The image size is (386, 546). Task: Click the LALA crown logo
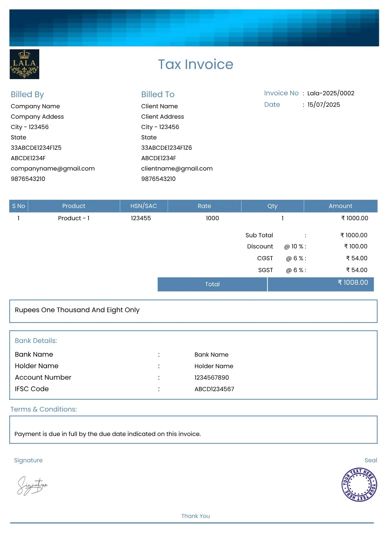pyautogui.click(x=24, y=64)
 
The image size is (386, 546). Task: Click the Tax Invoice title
pyautogui.click(x=195, y=64)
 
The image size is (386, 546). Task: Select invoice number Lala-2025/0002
pyautogui.click(x=331, y=93)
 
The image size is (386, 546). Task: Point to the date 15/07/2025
pyautogui.click(x=323, y=105)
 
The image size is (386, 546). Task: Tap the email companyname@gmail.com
pyautogui.click(x=53, y=169)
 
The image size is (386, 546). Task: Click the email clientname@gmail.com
pyautogui.click(x=177, y=169)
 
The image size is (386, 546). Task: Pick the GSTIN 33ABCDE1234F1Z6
pyautogui.click(x=166, y=148)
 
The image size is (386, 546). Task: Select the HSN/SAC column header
pyautogui.click(x=143, y=206)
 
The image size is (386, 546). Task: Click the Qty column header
pyautogui.click(x=272, y=206)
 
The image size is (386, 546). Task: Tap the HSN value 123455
pyautogui.click(x=141, y=218)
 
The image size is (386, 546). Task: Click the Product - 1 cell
pyautogui.click(x=74, y=218)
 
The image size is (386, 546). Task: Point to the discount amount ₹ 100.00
pyautogui.click(x=356, y=246)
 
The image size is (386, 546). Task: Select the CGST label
pyautogui.click(x=265, y=258)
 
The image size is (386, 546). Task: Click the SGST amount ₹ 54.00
pyautogui.click(x=356, y=270)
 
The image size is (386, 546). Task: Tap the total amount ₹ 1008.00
pyautogui.click(x=353, y=283)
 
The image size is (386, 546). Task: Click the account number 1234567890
pyautogui.click(x=211, y=378)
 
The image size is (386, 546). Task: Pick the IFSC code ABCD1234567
pyautogui.click(x=214, y=389)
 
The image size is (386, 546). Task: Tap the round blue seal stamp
pyautogui.click(x=359, y=485)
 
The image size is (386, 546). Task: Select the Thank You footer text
pyautogui.click(x=195, y=516)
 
